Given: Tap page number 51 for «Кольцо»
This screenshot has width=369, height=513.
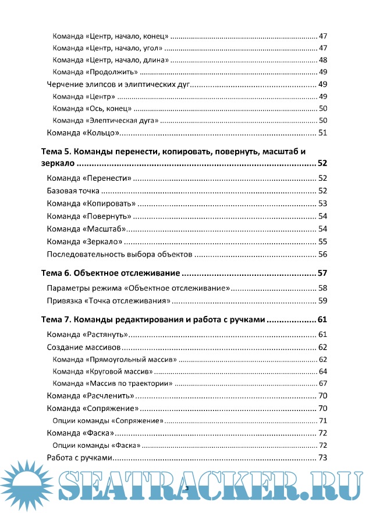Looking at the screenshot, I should click(322, 133).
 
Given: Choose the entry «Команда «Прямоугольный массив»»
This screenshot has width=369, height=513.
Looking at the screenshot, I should click(114, 360).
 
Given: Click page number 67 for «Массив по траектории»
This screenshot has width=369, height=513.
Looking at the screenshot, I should click(322, 383).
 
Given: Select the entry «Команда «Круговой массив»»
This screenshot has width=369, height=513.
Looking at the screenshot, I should click(102, 371).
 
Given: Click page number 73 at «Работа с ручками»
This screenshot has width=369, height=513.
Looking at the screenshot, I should click(322, 458).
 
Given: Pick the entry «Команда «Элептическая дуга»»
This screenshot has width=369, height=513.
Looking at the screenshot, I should click(105, 120).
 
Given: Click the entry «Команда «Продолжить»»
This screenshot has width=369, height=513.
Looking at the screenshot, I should click(95, 72).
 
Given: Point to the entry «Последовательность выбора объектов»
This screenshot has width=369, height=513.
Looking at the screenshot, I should click(119, 254).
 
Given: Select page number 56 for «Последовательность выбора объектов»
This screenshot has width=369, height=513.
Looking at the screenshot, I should click(322, 254).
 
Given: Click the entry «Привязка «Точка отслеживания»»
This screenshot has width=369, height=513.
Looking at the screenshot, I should click(108, 301).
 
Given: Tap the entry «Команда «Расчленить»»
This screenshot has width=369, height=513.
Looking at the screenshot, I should click(87, 396).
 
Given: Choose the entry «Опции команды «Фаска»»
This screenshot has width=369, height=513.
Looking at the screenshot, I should click(96, 445).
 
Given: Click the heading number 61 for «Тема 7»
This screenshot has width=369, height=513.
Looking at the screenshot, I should click(322, 319).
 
